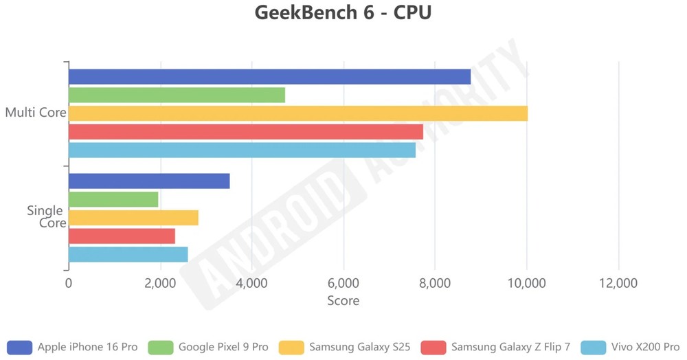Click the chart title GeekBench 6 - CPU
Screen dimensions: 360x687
pyautogui.click(x=343, y=13)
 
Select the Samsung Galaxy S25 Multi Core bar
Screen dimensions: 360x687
pyautogui.click(x=297, y=113)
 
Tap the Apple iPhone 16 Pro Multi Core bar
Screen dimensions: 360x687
pyautogui.click(x=269, y=77)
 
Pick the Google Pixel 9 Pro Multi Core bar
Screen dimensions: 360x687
pyautogui.click(x=177, y=95)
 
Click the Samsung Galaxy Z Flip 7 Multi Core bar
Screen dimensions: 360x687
pyautogui.click(x=245, y=131)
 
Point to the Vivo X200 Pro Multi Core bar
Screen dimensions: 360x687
pyautogui.click(x=242, y=150)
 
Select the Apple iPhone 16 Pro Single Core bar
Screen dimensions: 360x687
pyautogui.click(x=149, y=181)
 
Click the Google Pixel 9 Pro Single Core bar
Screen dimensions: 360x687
pyautogui.click(x=113, y=199)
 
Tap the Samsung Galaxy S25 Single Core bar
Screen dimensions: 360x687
pyautogui.click(x=133, y=218)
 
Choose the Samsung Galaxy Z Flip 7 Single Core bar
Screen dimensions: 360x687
pyautogui.click(x=122, y=236)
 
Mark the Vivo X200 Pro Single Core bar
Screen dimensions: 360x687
pyautogui.click(x=128, y=254)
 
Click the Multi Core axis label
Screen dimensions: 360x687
pyautogui.click(x=36, y=113)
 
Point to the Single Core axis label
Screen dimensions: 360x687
pyautogui.click(x=46, y=216)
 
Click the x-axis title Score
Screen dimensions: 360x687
pyautogui.click(x=343, y=301)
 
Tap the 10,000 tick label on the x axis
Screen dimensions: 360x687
pyautogui.click(x=526, y=283)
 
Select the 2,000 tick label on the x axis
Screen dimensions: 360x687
pyautogui.click(x=160, y=283)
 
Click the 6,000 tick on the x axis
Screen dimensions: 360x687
pyautogui.click(x=343, y=283)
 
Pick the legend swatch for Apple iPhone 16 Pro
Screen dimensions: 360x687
pyautogui.click(x=19, y=347)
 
